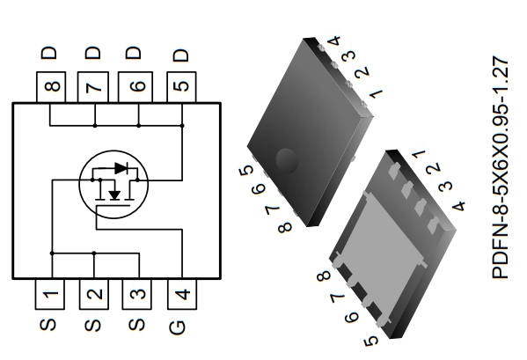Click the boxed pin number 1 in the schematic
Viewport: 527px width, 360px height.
(x=51, y=295)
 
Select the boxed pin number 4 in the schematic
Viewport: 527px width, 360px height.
(x=181, y=295)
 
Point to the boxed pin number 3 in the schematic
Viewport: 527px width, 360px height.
(x=137, y=295)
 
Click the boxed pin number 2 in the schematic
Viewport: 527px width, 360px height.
(x=94, y=295)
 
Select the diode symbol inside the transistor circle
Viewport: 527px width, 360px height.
(x=121, y=166)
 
